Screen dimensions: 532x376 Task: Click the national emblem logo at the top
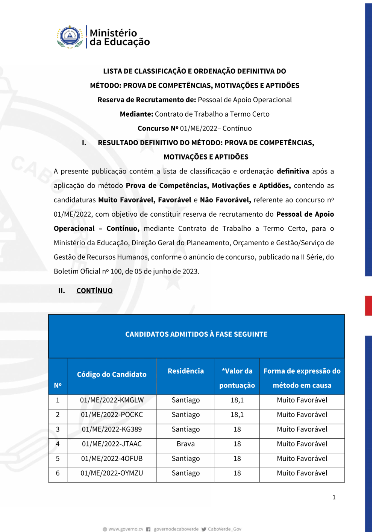click(x=70, y=37)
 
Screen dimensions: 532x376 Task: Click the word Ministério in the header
click(x=113, y=33)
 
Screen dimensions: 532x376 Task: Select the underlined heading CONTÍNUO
click(x=94, y=291)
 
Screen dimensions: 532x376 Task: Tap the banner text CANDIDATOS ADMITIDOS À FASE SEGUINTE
click(x=196, y=334)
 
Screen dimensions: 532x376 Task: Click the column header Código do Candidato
click(x=112, y=374)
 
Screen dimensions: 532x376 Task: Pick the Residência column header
click(x=186, y=371)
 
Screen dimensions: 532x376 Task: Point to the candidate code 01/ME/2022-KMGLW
click(x=112, y=400)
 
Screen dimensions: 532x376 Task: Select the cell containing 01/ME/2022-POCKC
click(x=112, y=415)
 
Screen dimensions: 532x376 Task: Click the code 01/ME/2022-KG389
click(x=112, y=429)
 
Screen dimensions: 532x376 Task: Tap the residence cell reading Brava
click(x=186, y=444)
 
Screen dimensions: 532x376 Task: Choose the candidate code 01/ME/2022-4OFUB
click(x=112, y=459)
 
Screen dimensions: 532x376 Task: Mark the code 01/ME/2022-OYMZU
click(x=112, y=473)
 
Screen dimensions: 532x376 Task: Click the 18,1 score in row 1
click(x=237, y=400)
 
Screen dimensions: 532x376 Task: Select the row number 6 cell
click(x=58, y=473)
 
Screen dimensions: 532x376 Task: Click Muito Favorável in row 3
click(x=302, y=429)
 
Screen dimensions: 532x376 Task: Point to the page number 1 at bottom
click(x=334, y=497)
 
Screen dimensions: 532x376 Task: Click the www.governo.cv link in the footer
click(x=126, y=529)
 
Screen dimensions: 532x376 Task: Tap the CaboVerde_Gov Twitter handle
click(x=224, y=529)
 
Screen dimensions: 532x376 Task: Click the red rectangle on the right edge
click(x=368, y=306)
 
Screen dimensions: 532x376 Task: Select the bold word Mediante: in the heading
click(x=136, y=114)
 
